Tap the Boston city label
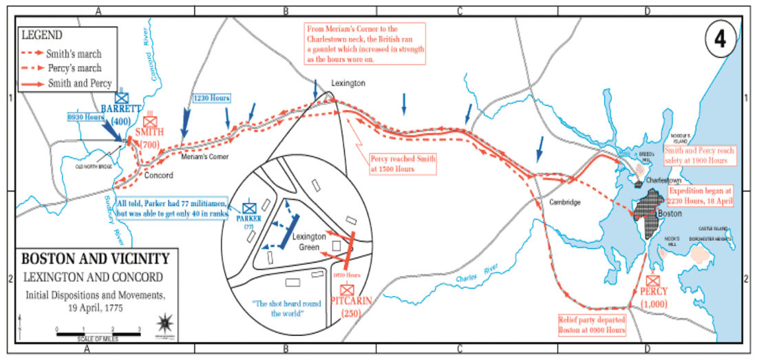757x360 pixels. coord(670,214)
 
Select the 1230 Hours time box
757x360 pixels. coord(211,98)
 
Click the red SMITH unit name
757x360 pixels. coord(150,132)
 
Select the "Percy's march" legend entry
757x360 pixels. coord(74,68)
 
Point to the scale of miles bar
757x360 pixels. coord(99,335)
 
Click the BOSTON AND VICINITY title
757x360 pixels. coord(95,259)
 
